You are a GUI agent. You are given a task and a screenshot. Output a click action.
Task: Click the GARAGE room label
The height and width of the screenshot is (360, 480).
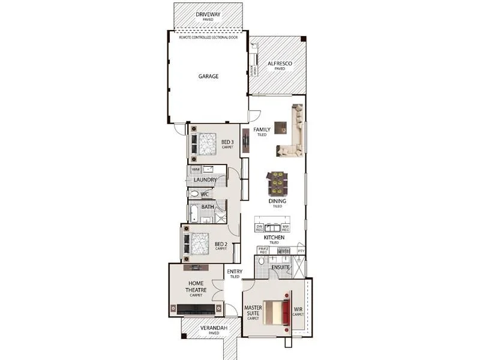208,77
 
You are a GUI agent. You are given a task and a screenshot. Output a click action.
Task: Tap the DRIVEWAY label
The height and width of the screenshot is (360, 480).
208,14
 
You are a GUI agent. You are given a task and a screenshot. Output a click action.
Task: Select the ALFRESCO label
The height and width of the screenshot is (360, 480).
280,64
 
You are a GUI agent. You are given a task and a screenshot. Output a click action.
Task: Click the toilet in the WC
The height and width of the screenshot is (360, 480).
194,194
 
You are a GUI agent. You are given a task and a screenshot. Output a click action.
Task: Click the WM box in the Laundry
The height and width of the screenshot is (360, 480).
195,170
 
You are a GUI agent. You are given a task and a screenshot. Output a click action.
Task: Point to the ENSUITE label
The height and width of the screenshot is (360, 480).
281,267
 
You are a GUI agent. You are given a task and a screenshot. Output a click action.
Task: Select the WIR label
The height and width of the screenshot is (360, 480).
298,310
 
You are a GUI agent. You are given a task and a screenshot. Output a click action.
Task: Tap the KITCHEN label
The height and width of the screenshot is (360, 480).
274,238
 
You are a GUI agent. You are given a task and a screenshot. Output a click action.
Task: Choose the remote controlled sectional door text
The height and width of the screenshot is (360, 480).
208,37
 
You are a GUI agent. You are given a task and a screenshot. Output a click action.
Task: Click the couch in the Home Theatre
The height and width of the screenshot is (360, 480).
196,310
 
